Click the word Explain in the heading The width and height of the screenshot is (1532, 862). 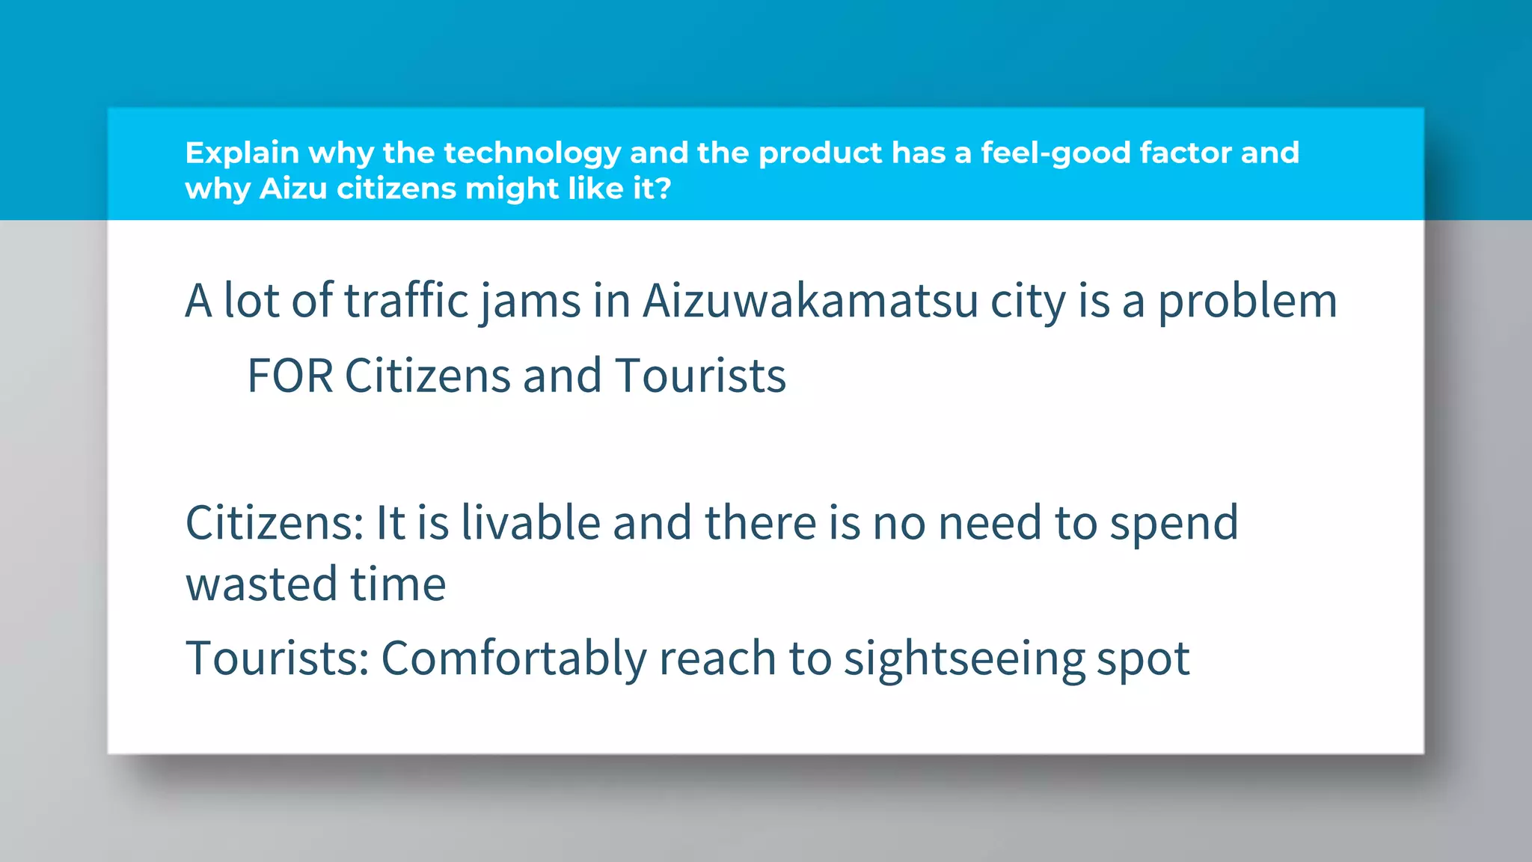(242, 153)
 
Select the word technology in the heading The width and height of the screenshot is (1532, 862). (532, 153)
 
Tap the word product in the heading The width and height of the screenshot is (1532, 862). (820, 153)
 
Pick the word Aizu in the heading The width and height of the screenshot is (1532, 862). (293, 189)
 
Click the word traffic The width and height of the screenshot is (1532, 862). (405, 301)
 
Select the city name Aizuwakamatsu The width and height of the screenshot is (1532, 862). (810, 301)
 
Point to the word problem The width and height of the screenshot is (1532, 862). (1247, 302)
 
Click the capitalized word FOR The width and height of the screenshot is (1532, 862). (289, 376)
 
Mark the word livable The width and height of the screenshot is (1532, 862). (530, 522)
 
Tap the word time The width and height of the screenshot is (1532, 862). (398, 584)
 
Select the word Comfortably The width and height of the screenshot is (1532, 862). (514, 659)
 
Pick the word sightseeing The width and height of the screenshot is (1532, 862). (963, 659)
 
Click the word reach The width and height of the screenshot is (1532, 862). (717, 658)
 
